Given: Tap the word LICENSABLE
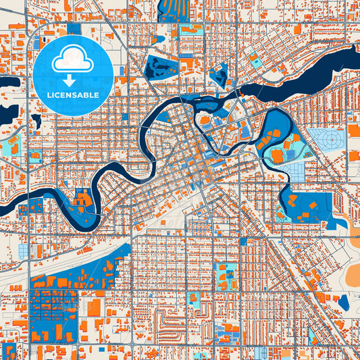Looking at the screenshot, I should click(74, 95).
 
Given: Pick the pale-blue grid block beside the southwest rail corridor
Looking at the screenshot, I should click(25, 251).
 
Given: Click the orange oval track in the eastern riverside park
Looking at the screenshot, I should click(276, 156).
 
